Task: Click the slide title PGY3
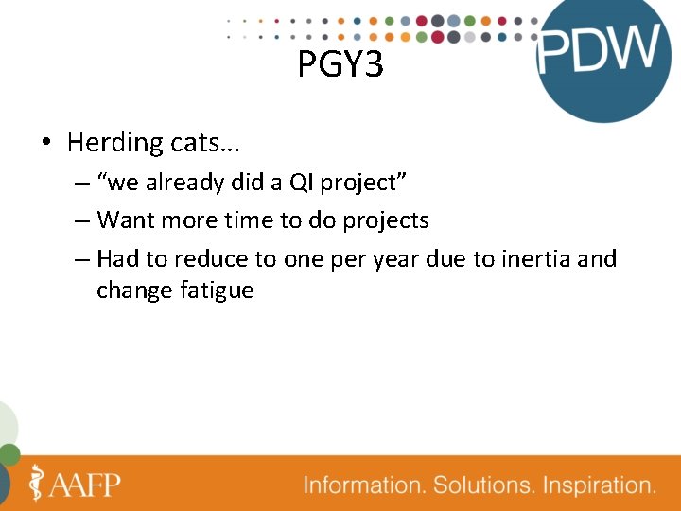tap(340, 64)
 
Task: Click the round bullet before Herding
tap(45, 144)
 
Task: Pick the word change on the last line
tap(134, 291)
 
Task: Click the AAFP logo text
tap(86, 485)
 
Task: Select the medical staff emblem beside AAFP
tap(37, 483)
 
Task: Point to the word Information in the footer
tap(363, 486)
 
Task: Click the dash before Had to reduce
tap(82, 258)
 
